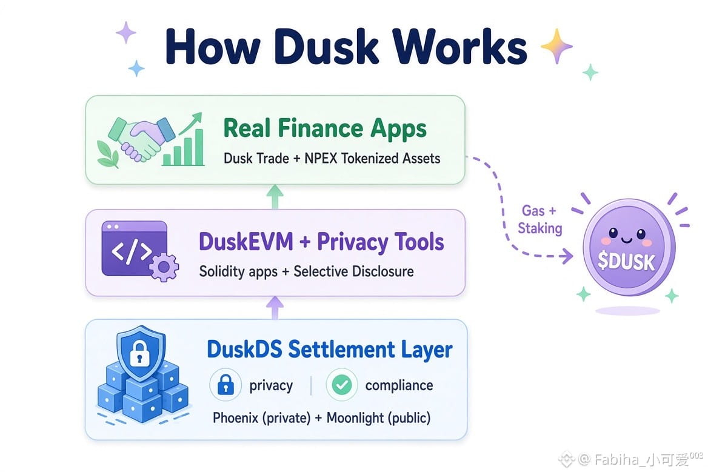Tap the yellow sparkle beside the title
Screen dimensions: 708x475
pos(556,46)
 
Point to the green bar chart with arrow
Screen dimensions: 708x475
pos(185,140)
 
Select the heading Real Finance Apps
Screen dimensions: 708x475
pos(325,128)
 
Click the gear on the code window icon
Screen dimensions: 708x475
pos(164,267)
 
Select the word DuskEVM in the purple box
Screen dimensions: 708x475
pos(245,242)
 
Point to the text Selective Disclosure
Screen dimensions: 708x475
pos(353,271)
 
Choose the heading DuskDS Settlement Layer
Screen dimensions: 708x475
pos(330,350)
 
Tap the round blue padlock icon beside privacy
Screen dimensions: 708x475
pos(225,385)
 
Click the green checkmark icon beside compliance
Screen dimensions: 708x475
pos(342,385)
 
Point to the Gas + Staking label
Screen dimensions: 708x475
pos(539,219)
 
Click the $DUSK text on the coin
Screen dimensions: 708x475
pos(626,261)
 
